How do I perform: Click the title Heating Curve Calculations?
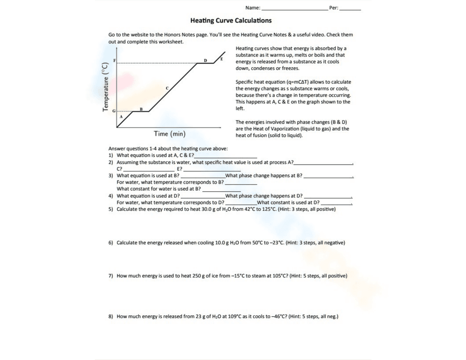(x=231, y=21)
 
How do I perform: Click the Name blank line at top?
(x=295, y=9)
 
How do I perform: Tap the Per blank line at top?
(x=350, y=9)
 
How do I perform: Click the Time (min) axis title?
(x=170, y=134)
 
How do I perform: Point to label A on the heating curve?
(x=121, y=116)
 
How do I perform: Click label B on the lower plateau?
(x=141, y=109)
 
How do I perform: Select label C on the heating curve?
(x=167, y=88)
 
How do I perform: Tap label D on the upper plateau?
(x=206, y=61)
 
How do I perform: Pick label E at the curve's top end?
(x=222, y=59)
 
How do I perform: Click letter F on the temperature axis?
(x=114, y=62)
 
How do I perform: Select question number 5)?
(x=111, y=209)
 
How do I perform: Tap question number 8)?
(x=111, y=316)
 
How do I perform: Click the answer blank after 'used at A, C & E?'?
(x=226, y=156)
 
